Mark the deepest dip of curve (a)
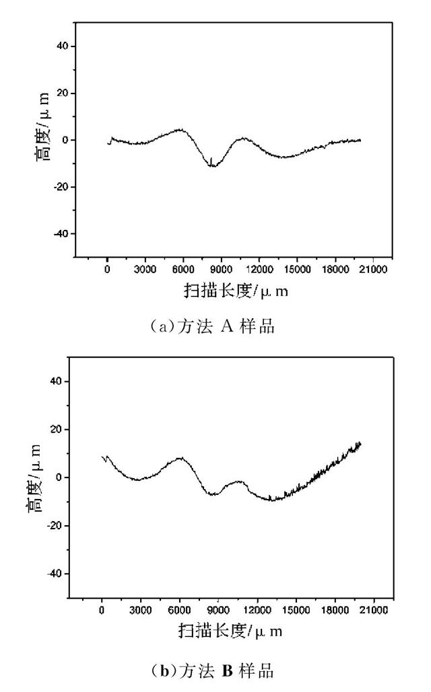pos(213,165)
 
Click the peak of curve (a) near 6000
pos(180,129)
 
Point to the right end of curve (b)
pos(361,443)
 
